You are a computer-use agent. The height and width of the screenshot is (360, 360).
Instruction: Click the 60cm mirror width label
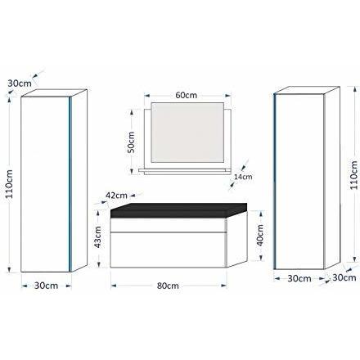(186, 95)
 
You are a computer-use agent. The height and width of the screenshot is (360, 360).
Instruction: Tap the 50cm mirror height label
(132, 142)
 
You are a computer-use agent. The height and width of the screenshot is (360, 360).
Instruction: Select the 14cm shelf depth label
(243, 177)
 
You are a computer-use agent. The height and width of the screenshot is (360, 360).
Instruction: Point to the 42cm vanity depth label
(116, 196)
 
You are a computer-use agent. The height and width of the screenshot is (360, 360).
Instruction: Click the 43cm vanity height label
(97, 236)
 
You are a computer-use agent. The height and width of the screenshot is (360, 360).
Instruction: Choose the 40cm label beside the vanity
(260, 235)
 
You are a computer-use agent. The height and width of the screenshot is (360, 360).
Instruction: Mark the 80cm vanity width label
(168, 286)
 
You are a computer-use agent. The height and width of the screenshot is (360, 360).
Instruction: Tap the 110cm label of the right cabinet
(353, 175)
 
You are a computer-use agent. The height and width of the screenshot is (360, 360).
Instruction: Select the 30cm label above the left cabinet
(20, 83)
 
